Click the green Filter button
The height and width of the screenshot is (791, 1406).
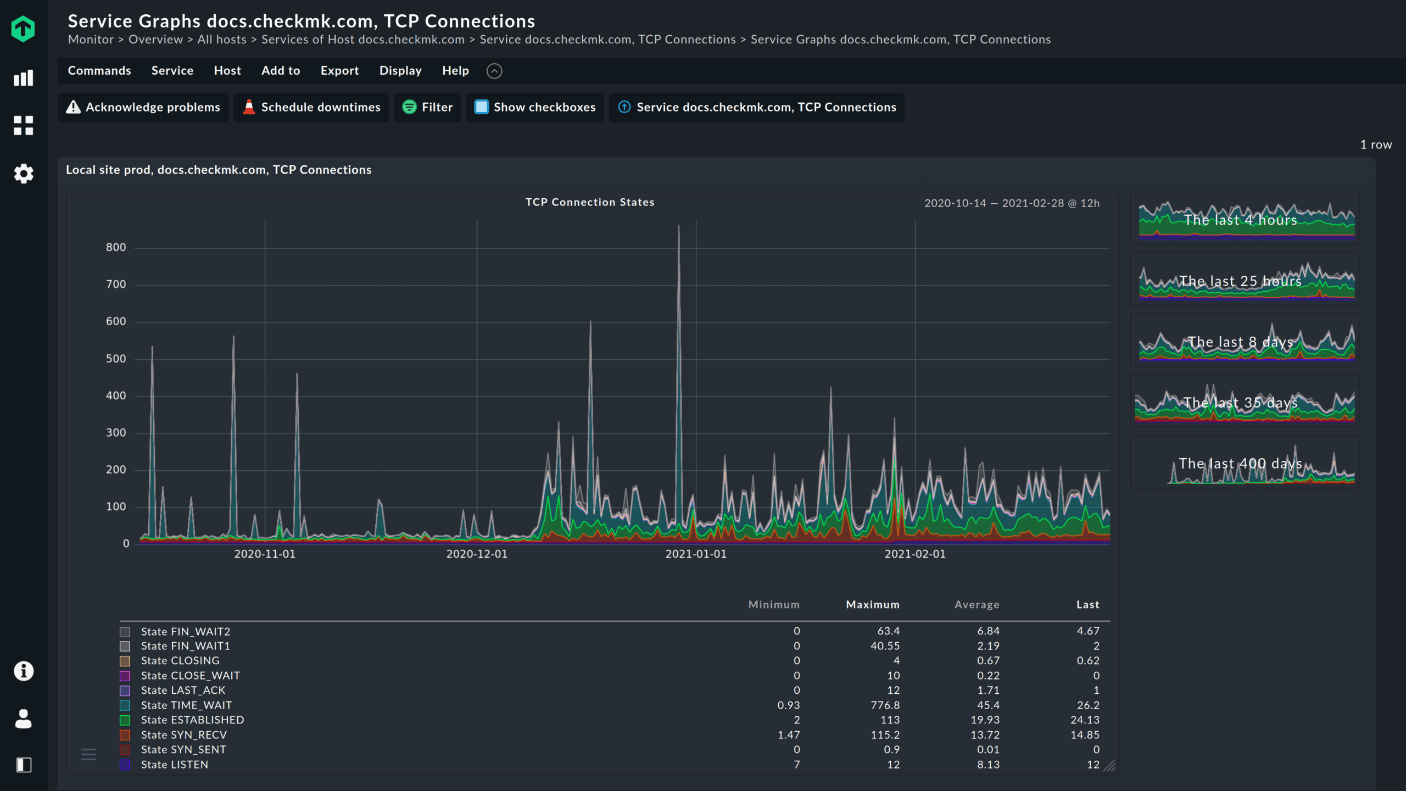pos(427,107)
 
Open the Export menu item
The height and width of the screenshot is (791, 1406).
pos(339,71)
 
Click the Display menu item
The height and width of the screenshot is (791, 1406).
pos(400,71)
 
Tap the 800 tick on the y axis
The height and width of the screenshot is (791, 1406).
pos(116,247)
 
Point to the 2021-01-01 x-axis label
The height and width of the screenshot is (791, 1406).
pos(696,554)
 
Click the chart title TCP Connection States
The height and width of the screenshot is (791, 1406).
pos(589,202)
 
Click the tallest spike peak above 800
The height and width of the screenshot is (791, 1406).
pos(679,226)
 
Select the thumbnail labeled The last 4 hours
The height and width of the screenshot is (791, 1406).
pos(1245,219)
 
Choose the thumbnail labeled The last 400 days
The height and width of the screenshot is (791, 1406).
pos(1245,463)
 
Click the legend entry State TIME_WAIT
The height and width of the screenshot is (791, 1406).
pos(186,705)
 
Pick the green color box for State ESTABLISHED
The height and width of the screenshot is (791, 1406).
pos(125,720)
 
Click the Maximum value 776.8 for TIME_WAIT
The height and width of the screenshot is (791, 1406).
pos(885,705)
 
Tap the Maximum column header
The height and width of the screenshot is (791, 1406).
pos(872,604)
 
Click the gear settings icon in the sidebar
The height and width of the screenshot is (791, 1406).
pos(24,174)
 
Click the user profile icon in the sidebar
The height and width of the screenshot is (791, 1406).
pos(24,718)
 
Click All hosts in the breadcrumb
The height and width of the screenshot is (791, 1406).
pos(222,40)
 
